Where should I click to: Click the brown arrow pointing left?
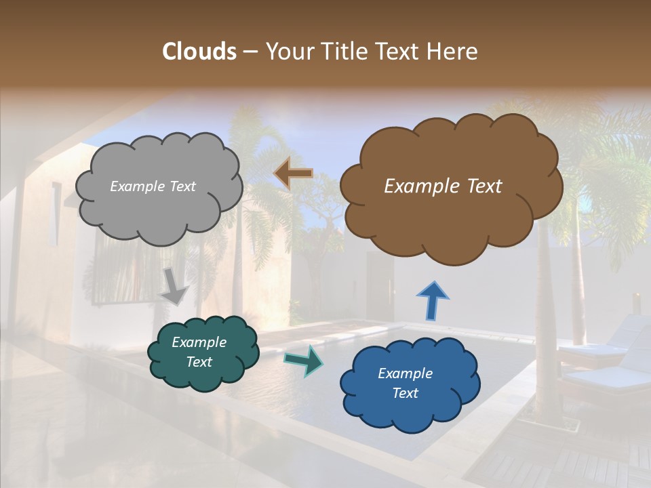[x=293, y=174]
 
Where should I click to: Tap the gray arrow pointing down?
[x=174, y=285]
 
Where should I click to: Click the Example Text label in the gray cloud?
[x=153, y=186]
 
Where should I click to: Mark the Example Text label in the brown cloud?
[x=443, y=186]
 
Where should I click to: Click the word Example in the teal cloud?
[x=199, y=342]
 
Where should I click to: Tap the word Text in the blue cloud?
[x=405, y=393]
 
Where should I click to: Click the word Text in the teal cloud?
[x=199, y=362]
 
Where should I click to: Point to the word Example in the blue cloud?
[x=405, y=373]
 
